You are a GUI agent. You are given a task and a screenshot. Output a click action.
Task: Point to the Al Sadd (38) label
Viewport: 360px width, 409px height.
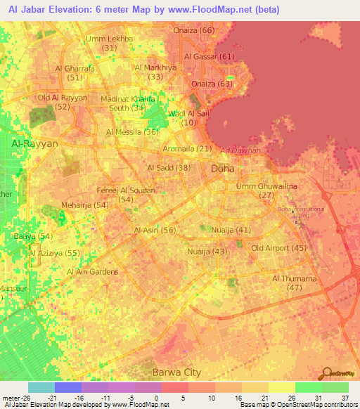click(x=169, y=167)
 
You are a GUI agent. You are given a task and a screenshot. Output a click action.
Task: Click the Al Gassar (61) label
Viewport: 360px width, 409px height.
click(x=210, y=56)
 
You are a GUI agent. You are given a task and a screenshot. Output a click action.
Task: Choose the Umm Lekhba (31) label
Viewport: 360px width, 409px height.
click(x=108, y=43)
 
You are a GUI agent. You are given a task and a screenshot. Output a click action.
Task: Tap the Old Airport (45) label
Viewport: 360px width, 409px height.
click(x=279, y=248)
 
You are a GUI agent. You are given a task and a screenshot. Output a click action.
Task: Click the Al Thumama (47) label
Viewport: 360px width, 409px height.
click(x=295, y=283)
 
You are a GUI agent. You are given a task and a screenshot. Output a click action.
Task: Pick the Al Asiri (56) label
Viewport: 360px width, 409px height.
click(x=155, y=231)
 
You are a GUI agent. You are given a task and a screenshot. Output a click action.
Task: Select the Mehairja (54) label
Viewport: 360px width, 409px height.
click(x=85, y=204)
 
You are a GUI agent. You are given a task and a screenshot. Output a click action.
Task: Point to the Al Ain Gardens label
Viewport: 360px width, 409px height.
click(x=92, y=271)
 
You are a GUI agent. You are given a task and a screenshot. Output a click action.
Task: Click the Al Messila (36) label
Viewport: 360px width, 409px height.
click(x=132, y=131)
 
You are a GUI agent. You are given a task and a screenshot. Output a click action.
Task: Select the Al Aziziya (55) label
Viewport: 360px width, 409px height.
click(x=55, y=252)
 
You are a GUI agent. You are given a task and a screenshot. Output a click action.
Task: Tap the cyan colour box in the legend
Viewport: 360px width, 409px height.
click(x=41, y=387)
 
